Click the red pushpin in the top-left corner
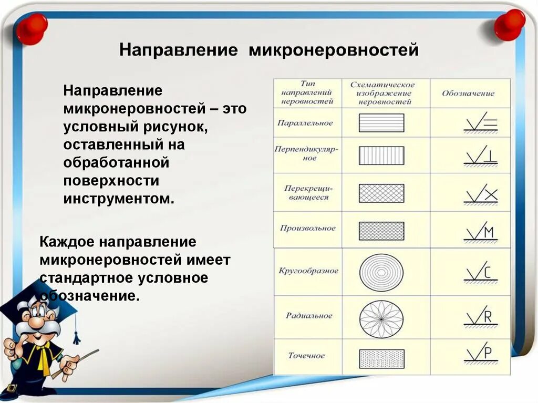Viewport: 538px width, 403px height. click(x=32, y=28)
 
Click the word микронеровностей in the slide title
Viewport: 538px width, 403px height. click(x=334, y=51)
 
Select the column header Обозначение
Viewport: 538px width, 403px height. click(x=468, y=94)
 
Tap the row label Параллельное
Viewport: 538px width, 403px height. click(x=305, y=123)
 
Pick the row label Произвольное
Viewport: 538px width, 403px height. click(x=307, y=229)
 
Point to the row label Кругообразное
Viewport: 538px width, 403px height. click(x=308, y=271)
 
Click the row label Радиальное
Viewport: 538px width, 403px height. click(x=309, y=316)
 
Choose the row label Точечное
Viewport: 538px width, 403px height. click(x=307, y=356)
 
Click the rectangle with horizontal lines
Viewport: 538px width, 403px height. click(x=381, y=123)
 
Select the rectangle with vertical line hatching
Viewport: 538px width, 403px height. click(x=381, y=156)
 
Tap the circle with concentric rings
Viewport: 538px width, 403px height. click(x=381, y=273)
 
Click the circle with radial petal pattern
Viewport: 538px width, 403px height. click(x=381, y=318)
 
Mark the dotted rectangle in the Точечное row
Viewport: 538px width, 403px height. click(x=381, y=358)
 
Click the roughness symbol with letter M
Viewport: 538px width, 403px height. click(x=480, y=232)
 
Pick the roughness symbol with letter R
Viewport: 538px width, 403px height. click(x=480, y=317)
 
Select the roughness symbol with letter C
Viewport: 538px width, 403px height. click(x=480, y=273)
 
